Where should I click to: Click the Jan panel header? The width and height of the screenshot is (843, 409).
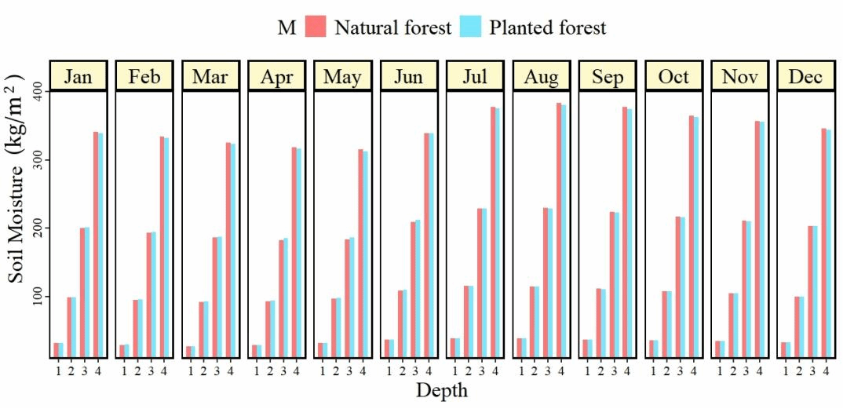[78, 76]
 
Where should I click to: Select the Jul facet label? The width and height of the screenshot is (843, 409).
[475, 76]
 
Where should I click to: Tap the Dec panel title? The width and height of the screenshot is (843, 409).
[805, 76]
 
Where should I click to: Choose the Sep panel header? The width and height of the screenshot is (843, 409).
[608, 76]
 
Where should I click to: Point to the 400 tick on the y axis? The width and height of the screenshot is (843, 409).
[38, 91]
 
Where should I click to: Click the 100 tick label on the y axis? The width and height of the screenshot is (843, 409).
[38, 297]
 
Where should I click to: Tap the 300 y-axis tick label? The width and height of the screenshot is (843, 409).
[38, 160]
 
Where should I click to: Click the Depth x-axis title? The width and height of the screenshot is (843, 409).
[441, 390]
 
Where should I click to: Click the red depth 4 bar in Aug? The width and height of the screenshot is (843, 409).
[559, 230]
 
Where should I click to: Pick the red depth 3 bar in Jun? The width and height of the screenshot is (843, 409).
[414, 290]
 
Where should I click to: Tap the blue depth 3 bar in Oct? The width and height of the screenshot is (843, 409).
[682, 287]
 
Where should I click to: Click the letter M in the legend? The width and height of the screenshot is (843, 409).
[286, 28]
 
